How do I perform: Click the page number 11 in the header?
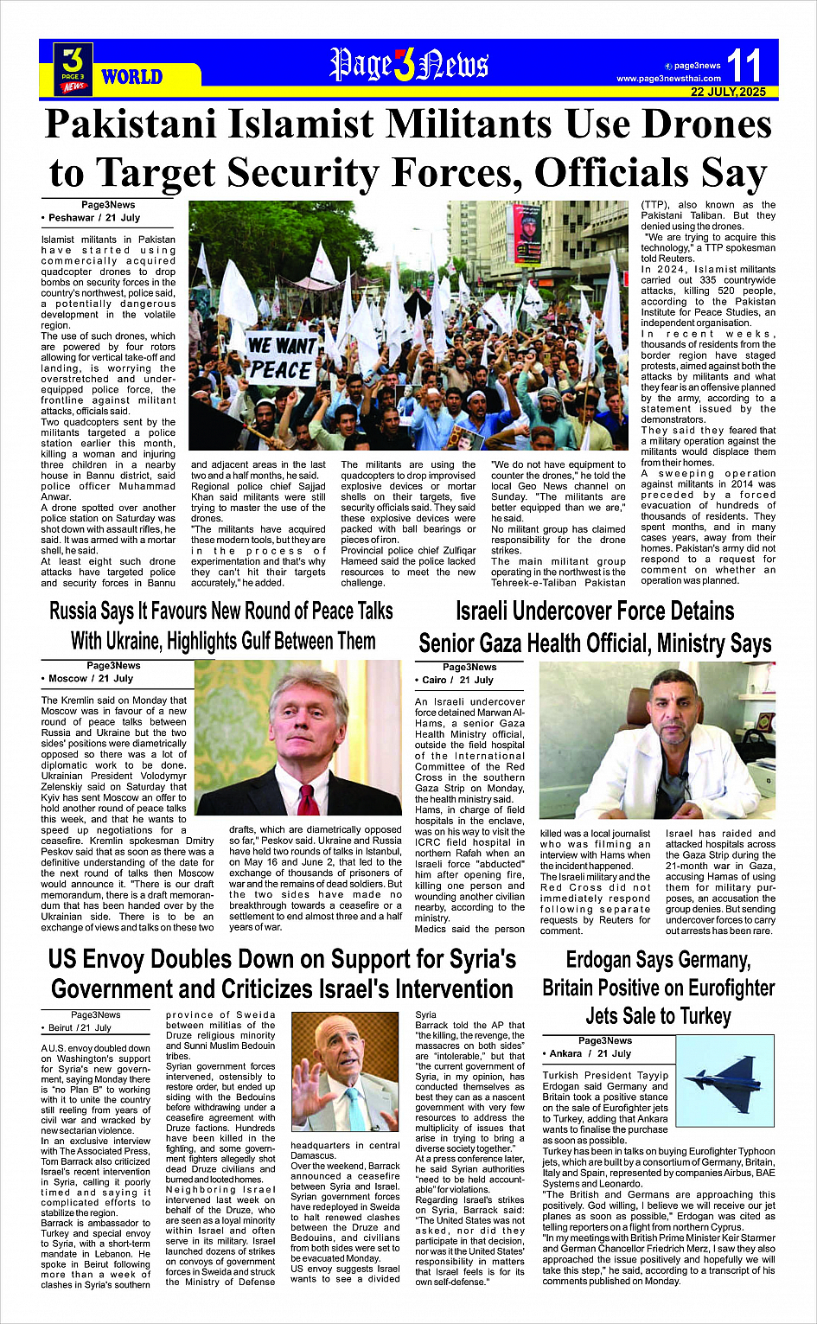[x=744, y=65]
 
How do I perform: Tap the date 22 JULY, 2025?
[x=728, y=92]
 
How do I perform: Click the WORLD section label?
[x=131, y=77]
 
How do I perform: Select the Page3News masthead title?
[x=409, y=65]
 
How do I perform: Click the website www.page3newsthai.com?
[x=668, y=79]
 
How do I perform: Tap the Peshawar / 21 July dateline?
[x=94, y=218]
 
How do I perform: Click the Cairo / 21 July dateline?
[x=458, y=681]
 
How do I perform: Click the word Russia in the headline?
[x=73, y=611]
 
